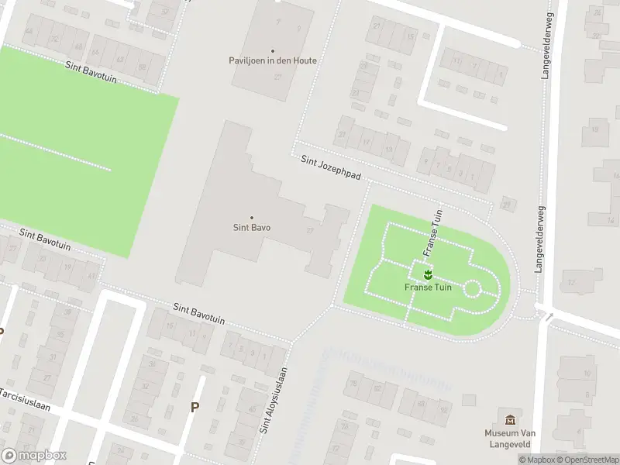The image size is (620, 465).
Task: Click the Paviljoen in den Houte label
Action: click(x=272, y=60)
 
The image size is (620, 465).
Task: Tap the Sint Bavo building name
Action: click(x=251, y=228)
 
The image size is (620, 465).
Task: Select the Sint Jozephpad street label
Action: click(x=331, y=167)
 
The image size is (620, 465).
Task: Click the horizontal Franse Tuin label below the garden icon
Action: click(x=427, y=287)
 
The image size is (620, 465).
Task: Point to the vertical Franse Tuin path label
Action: click(x=431, y=232)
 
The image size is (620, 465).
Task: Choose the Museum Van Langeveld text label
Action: click(x=511, y=438)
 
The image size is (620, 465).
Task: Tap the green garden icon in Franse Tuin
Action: click(x=427, y=273)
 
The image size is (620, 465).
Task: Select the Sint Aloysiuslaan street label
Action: click(x=274, y=399)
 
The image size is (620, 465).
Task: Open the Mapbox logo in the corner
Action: click(x=34, y=456)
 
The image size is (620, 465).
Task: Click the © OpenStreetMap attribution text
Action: click(x=587, y=460)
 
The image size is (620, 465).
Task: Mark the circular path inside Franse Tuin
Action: click(x=472, y=289)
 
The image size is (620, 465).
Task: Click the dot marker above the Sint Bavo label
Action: click(x=251, y=218)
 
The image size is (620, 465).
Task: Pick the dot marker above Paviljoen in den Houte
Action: click(x=272, y=50)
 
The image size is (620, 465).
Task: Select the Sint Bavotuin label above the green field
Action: click(x=91, y=74)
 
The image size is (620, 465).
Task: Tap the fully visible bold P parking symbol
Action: click(x=195, y=407)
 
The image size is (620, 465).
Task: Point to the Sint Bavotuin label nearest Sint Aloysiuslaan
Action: click(x=199, y=314)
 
